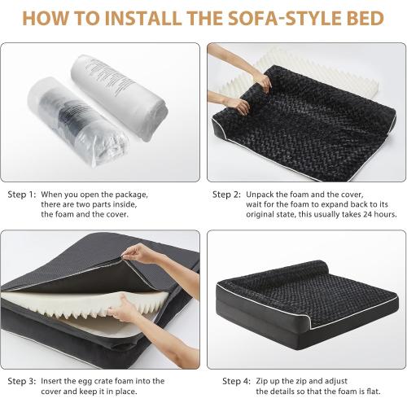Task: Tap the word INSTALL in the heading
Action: (x=135, y=17)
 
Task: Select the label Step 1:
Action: (x=22, y=195)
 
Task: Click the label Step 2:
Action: (x=226, y=195)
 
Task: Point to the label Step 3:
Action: (x=22, y=380)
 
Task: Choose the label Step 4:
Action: (x=237, y=380)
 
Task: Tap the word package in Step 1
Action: (x=131, y=195)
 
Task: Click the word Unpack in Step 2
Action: (x=262, y=195)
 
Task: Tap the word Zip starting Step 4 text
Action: (x=263, y=380)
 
